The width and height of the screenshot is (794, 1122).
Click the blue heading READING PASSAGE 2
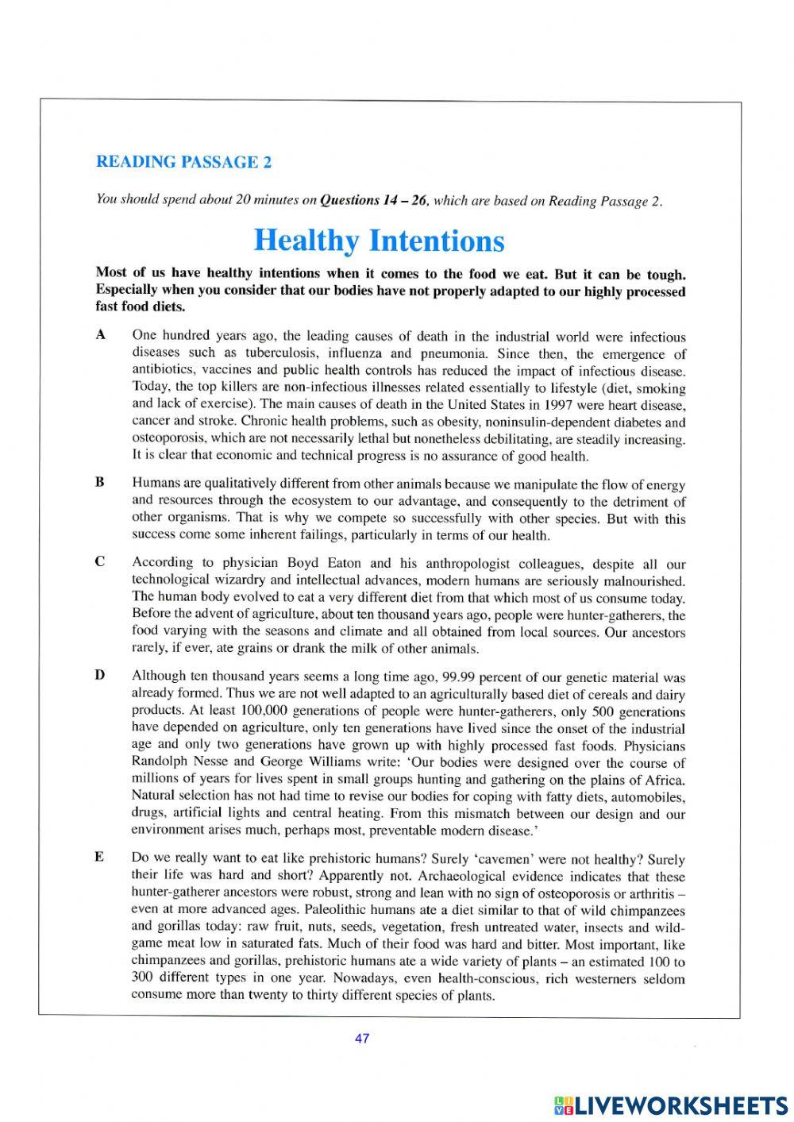tap(183, 162)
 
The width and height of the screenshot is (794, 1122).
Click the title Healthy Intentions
tap(378, 240)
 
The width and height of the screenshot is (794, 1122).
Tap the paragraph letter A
tap(100, 335)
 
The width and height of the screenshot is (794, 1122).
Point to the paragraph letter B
tap(100, 482)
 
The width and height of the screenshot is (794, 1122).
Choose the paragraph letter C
tap(100, 561)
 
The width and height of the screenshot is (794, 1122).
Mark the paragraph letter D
tap(100, 676)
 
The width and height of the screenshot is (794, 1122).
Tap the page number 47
tap(363, 1039)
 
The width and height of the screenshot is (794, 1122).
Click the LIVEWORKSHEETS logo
tap(670, 1105)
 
